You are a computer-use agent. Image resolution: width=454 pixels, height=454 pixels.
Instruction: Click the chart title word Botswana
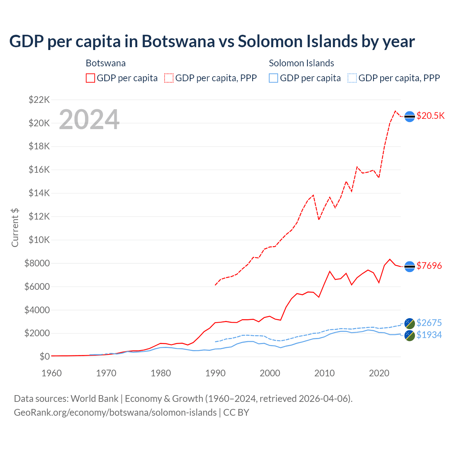[x=178, y=41]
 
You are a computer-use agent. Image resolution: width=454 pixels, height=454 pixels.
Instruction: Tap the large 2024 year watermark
[x=89, y=120]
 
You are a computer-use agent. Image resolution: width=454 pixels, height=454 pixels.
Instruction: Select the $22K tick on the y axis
[x=39, y=100]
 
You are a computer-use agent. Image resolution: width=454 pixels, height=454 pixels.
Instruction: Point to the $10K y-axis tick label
[x=39, y=240]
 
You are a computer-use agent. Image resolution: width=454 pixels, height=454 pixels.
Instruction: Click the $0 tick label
[x=44, y=356]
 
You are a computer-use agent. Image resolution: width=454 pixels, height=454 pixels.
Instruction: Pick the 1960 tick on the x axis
[x=52, y=373]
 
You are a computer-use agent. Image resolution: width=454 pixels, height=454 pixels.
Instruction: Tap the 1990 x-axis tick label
[x=215, y=373]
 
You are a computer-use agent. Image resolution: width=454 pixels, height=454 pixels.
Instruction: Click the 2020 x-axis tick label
[x=379, y=373]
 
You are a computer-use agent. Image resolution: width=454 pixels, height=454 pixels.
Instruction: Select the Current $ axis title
[x=15, y=228]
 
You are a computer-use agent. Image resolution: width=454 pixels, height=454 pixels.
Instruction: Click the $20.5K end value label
[x=430, y=116]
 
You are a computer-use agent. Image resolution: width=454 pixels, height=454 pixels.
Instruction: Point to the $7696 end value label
[x=429, y=266]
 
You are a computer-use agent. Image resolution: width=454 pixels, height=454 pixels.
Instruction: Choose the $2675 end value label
[x=429, y=323]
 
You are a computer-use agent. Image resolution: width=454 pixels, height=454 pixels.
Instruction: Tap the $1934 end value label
[x=429, y=335]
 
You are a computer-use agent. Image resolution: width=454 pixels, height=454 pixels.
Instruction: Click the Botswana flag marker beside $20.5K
[x=410, y=116]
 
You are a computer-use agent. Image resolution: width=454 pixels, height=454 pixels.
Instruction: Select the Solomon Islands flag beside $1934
[x=410, y=336]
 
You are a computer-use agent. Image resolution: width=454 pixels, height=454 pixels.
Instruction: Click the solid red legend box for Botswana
[x=90, y=78]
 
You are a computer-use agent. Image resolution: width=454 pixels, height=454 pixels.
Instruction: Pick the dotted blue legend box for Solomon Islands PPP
[x=352, y=78]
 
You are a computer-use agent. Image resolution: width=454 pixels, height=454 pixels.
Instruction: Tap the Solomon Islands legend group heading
[x=301, y=63]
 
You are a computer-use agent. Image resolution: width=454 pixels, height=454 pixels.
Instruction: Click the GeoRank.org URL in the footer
[x=115, y=413]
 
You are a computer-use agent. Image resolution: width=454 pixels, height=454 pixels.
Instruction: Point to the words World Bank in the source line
[x=94, y=399]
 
